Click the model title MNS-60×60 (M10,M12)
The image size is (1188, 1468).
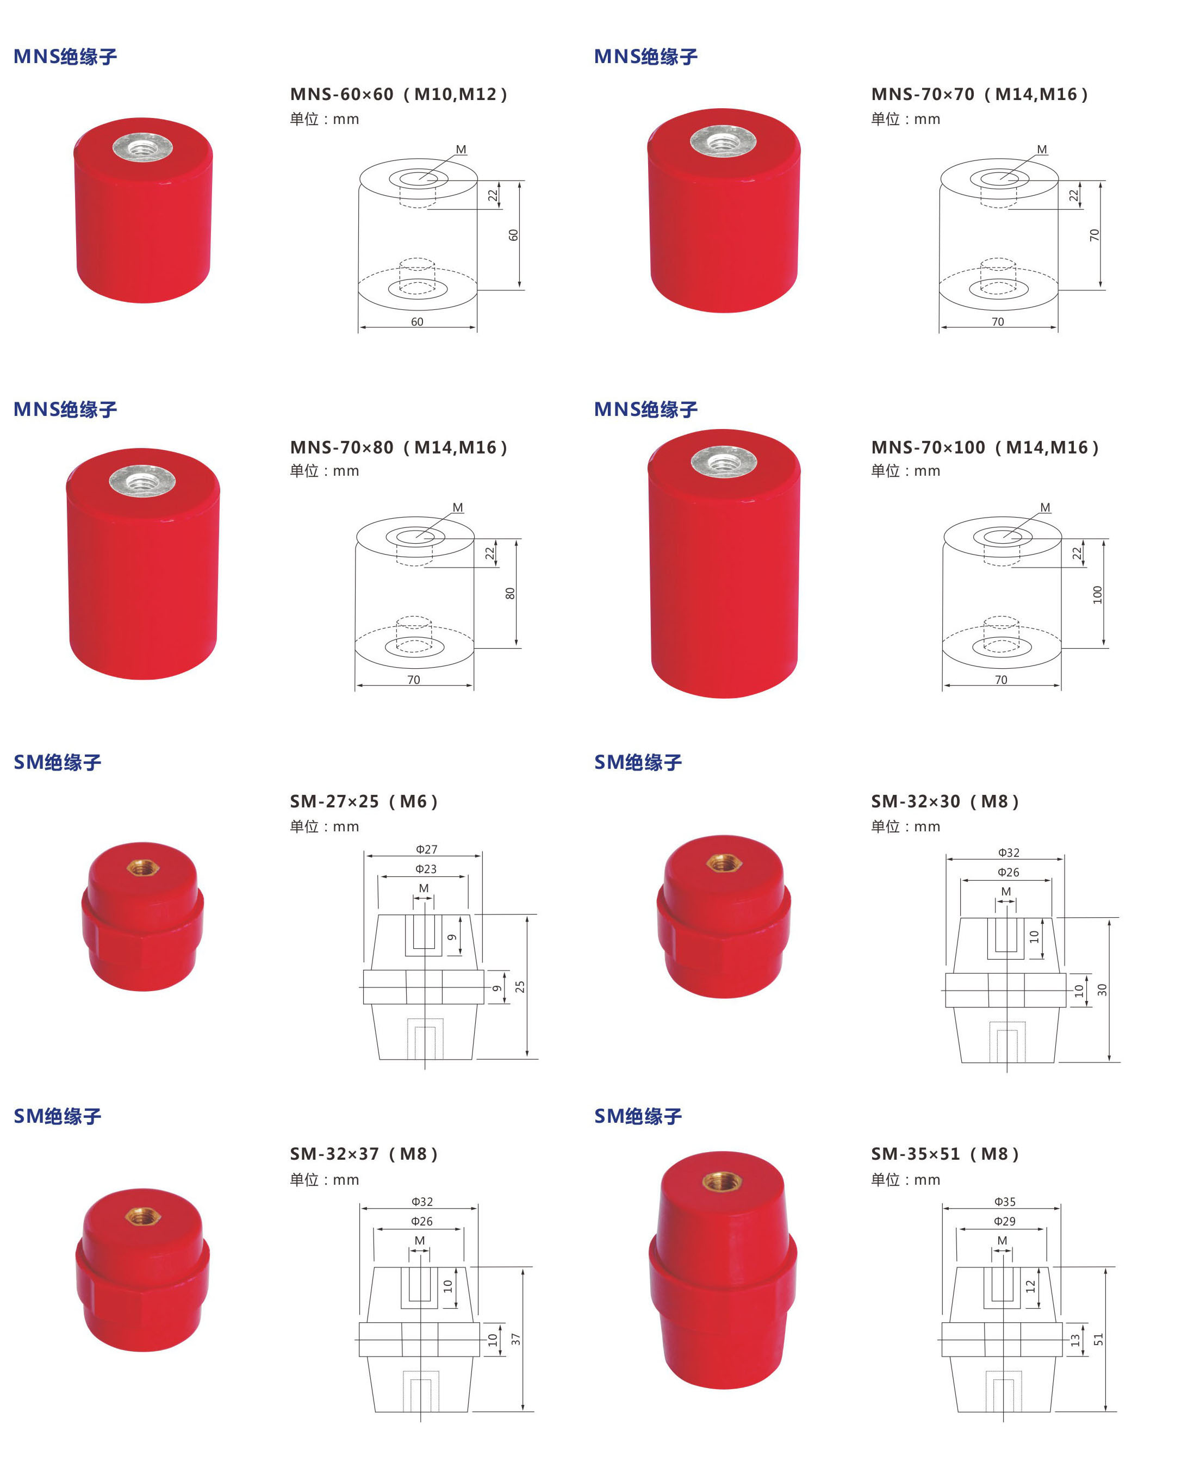[399, 95]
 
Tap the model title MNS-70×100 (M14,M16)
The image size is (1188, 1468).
[985, 447]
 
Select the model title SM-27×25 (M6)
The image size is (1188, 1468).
[363, 801]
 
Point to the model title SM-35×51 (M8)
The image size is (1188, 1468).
[945, 1154]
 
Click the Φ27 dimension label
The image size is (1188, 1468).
[426, 849]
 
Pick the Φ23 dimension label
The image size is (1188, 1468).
[426, 869]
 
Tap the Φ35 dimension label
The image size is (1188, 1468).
[1005, 1202]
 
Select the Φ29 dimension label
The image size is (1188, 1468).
[1005, 1222]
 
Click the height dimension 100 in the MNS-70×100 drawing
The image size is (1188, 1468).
[1098, 595]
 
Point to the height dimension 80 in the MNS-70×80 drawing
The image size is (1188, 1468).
[510, 593]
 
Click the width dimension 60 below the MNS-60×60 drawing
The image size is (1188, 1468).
[417, 322]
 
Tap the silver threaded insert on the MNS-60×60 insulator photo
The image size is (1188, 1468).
[142, 147]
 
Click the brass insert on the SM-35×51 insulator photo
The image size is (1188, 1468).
[723, 1181]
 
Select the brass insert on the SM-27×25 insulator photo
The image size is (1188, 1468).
[143, 868]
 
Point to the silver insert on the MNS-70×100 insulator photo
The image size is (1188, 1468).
[723, 462]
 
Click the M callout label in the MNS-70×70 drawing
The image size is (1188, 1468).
[1042, 149]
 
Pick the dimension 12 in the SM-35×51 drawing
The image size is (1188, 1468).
[1031, 1286]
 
